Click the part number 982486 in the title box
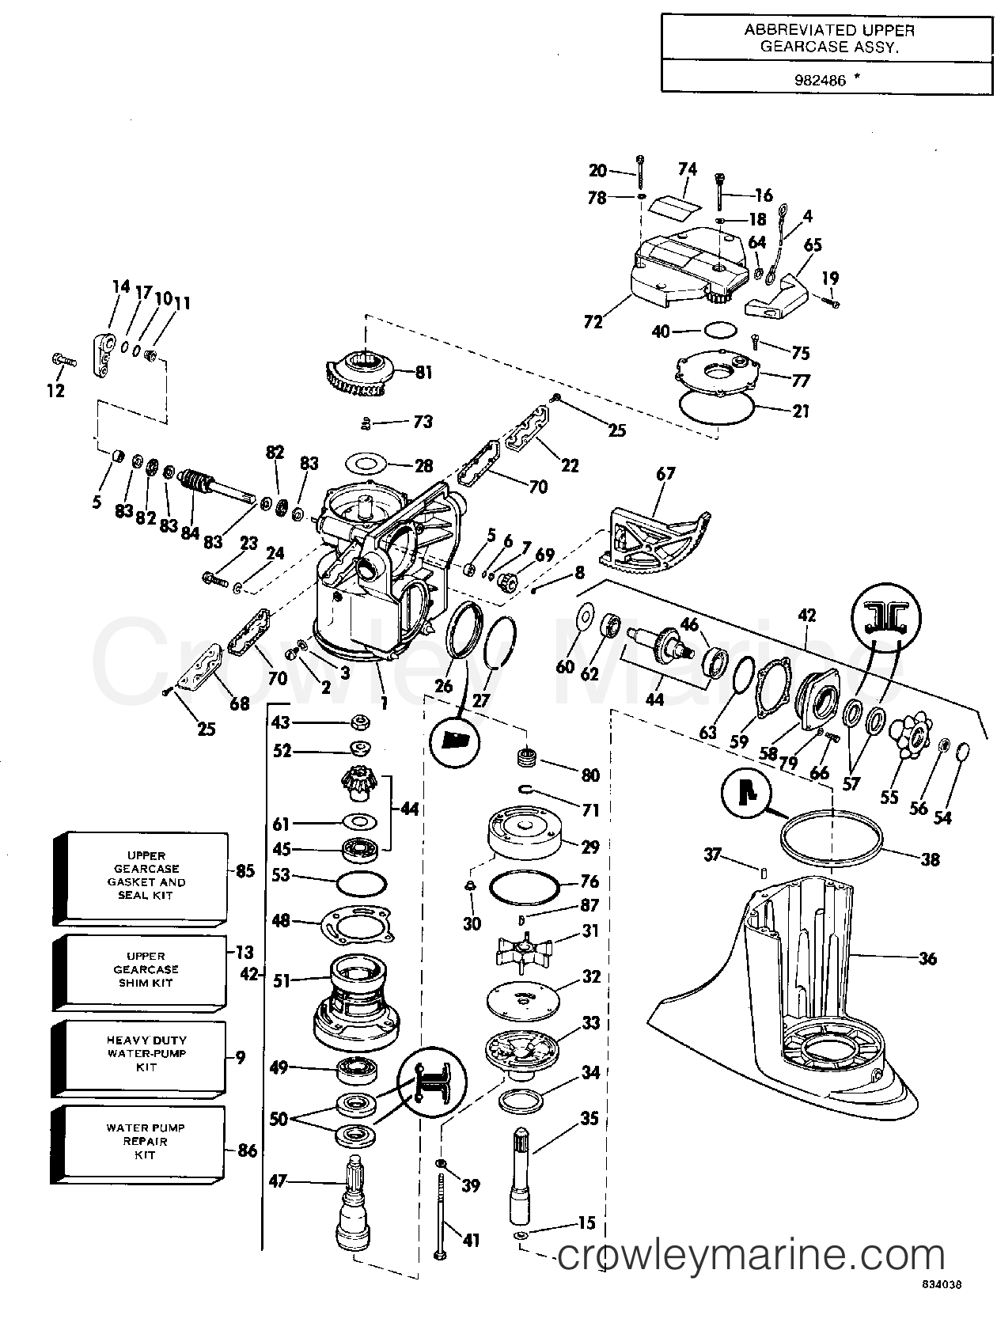[820, 80]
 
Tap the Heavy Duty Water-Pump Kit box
[139, 1056]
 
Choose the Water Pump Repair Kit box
[138, 1143]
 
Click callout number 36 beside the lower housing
[927, 959]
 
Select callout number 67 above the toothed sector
[665, 474]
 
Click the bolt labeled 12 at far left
[63, 361]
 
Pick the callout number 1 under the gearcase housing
[383, 702]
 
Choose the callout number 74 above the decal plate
[687, 169]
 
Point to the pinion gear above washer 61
[358, 784]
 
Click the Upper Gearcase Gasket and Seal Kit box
[141, 878]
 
